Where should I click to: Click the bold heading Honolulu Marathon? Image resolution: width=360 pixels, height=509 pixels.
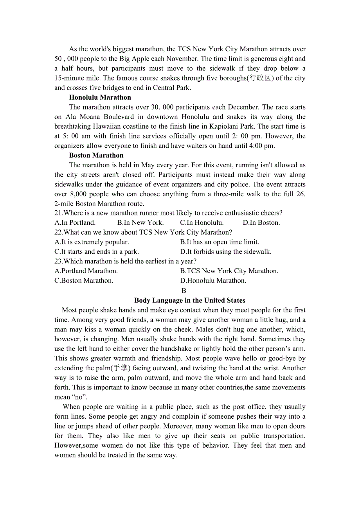tap(100, 97)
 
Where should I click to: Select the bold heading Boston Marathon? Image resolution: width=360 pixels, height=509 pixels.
tap(96, 155)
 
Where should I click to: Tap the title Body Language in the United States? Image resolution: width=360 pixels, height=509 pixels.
tap(190, 300)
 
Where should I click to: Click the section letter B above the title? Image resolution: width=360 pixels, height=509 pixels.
tap(184, 290)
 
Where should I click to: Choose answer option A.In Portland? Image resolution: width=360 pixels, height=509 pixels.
tap(75, 222)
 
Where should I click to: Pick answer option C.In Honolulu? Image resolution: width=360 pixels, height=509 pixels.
tap(202, 222)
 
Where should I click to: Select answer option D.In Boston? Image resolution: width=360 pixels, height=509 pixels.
tap(261, 222)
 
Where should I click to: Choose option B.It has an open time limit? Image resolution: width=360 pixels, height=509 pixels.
tap(220, 242)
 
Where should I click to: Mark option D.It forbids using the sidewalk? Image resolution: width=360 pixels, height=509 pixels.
tap(226, 251)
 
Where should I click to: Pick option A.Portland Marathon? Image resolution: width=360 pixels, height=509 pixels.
tap(86, 271)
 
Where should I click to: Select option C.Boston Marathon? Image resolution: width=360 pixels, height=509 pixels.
tap(84, 280)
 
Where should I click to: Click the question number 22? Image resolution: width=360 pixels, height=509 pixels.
tap(58, 232)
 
